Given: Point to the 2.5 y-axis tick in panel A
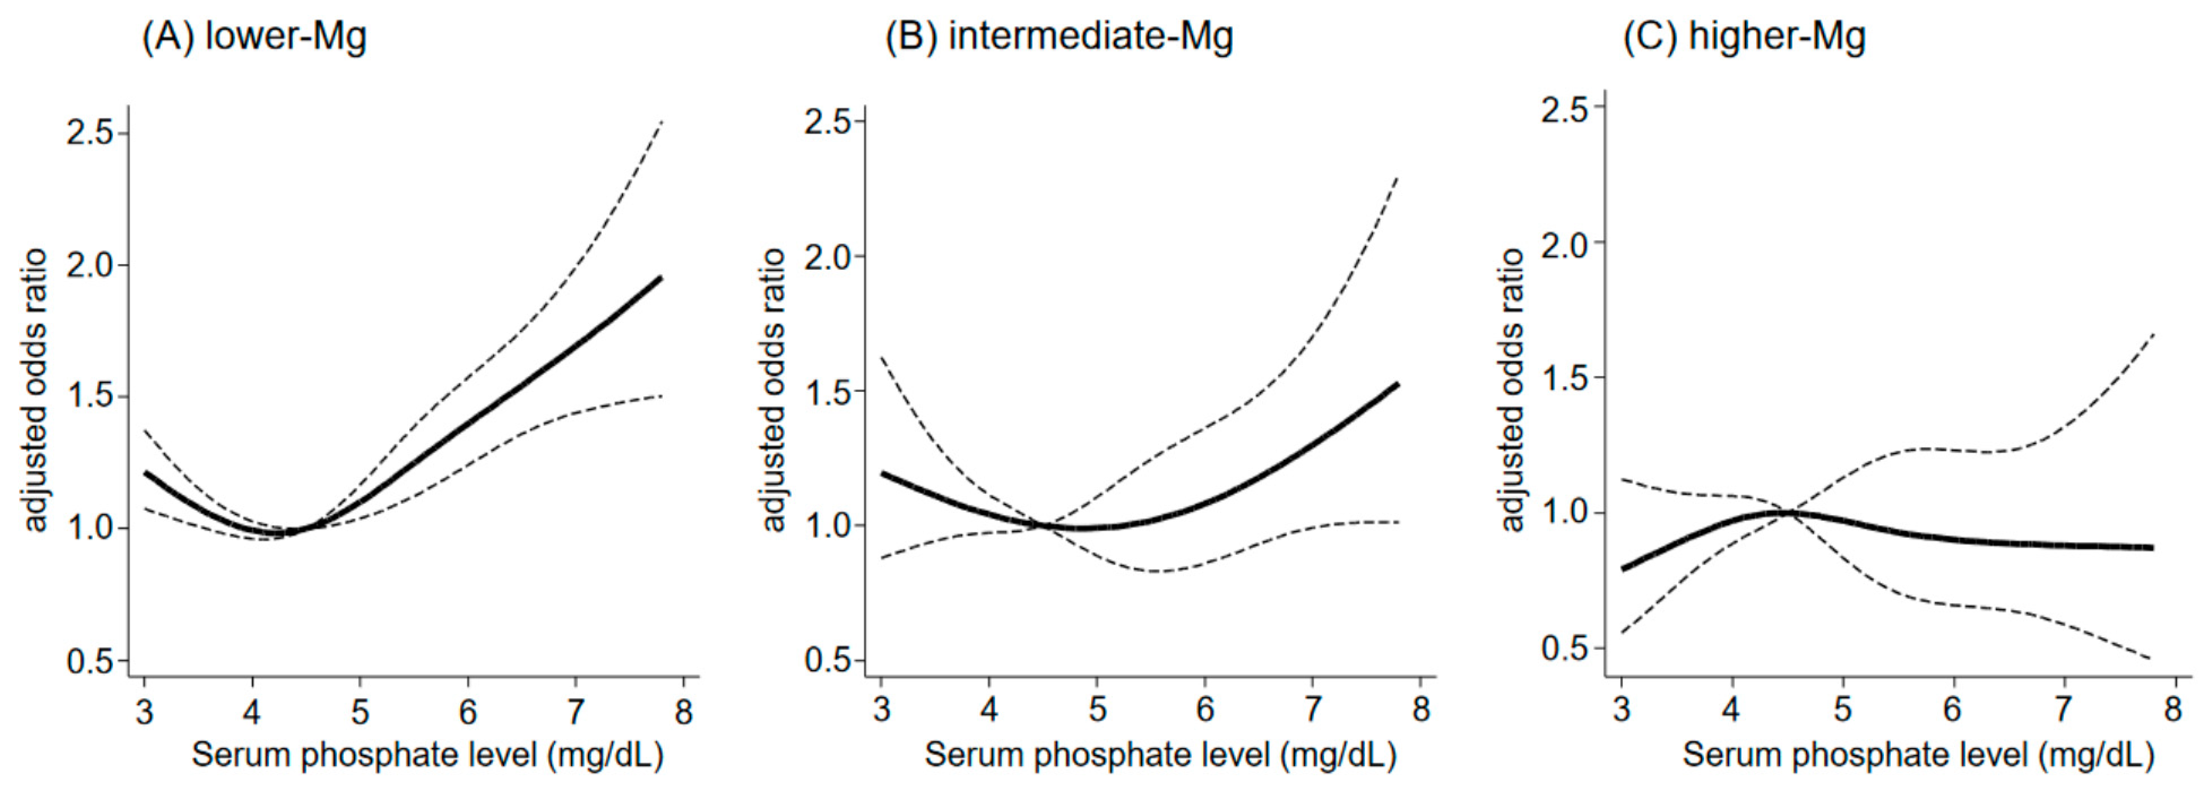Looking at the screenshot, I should click(x=90, y=133).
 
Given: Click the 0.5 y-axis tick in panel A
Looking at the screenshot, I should click(x=90, y=661).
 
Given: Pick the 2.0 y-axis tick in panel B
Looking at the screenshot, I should click(x=827, y=257).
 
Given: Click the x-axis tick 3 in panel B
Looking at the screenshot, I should click(x=881, y=709).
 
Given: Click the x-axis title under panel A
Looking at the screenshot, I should click(x=427, y=756).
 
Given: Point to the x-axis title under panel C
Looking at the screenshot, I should click(x=1918, y=756).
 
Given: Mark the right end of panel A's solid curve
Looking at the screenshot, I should click(x=661, y=277).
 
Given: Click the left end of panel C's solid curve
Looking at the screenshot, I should click(x=1623, y=568).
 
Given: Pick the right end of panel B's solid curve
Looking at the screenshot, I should click(x=1398, y=383).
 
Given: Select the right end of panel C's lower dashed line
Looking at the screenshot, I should click(x=2153, y=659).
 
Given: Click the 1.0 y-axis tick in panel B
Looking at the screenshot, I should click(x=827, y=525).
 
